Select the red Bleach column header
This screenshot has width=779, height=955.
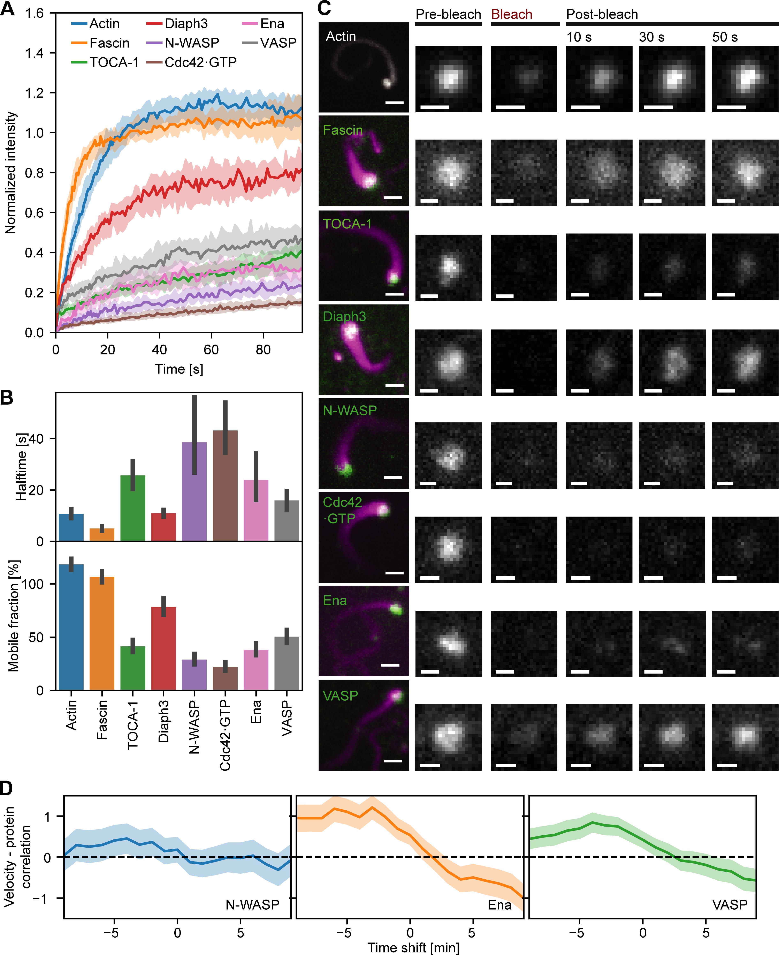click(x=512, y=14)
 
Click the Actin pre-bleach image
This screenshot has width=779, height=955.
click(x=448, y=79)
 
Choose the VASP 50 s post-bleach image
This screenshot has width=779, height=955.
click(x=745, y=737)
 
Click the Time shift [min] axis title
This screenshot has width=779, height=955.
click(x=413, y=947)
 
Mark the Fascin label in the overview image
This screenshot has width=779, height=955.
click(x=343, y=130)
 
